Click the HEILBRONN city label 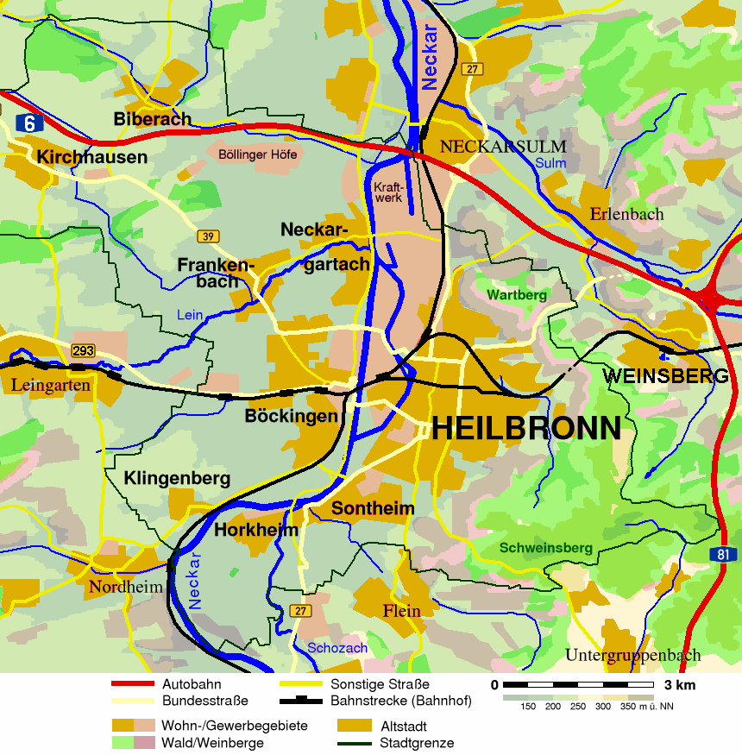525,428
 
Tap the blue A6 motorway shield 29,123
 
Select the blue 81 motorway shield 725,554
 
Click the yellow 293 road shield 84,350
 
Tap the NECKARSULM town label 503,147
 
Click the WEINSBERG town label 666,376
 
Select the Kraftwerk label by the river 387,192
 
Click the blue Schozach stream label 337,648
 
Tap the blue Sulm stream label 550,163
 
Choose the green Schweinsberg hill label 546,548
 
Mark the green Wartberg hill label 517,295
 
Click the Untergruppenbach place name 633,656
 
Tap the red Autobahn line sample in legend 132,684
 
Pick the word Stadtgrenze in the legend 417,743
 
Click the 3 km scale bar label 678,685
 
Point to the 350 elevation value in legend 627,707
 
